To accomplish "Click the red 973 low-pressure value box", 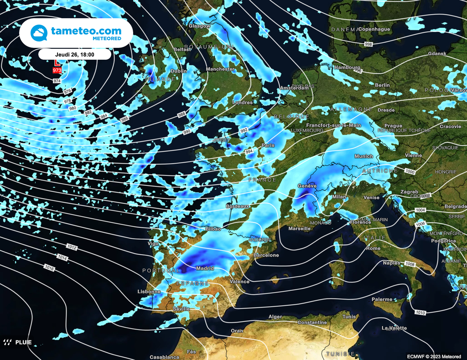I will click(57, 71).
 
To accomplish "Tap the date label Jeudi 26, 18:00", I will click(74, 55).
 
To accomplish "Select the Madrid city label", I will click(205, 268).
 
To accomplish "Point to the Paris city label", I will click(268, 145).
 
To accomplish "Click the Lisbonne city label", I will click(149, 292).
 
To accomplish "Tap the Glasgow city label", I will click(200, 26).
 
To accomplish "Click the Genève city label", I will click(307, 186).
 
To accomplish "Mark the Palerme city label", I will click(382, 299).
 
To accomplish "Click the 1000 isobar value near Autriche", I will click(410, 172).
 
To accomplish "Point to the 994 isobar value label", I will click(249, 151).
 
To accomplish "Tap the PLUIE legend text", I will click(23, 342).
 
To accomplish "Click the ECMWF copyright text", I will click(434, 356).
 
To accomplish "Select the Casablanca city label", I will click(164, 357).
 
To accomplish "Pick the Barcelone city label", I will click(266, 255).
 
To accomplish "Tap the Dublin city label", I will click(178, 71).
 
